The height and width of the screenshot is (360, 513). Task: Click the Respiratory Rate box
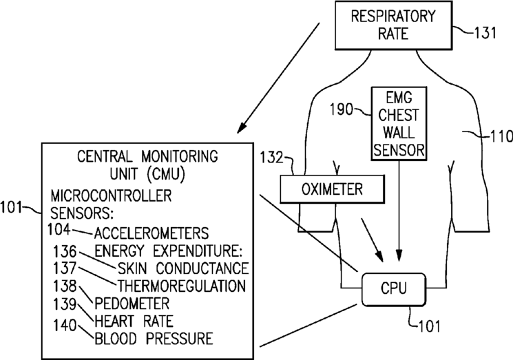click(394, 25)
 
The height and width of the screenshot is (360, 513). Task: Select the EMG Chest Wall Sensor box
click(399, 124)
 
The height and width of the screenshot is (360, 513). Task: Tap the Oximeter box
click(332, 189)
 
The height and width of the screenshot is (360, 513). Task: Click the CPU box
click(394, 289)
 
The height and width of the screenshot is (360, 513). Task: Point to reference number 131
click(485, 33)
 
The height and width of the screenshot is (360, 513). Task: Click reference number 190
click(342, 109)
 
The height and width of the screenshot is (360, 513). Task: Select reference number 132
click(271, 158)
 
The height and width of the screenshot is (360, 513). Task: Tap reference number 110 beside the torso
click(501, 136)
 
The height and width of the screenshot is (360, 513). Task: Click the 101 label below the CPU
click(429, 326)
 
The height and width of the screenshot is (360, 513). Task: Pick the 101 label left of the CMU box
click(11, 207)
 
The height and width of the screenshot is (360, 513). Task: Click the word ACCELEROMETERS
click(151, 233)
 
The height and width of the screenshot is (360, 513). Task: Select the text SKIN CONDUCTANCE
click(183, 268)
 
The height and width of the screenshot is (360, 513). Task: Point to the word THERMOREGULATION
click(182, 286)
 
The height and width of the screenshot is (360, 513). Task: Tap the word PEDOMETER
click(132, 304)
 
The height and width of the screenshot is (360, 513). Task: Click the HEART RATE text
click(134, 321)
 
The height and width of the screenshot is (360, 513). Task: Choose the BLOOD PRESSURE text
click(154, 339)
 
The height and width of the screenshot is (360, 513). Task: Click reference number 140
click(65, 326)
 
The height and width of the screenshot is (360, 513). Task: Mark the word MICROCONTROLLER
click(111, 196)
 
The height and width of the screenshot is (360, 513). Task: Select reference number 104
click(59, 229)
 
